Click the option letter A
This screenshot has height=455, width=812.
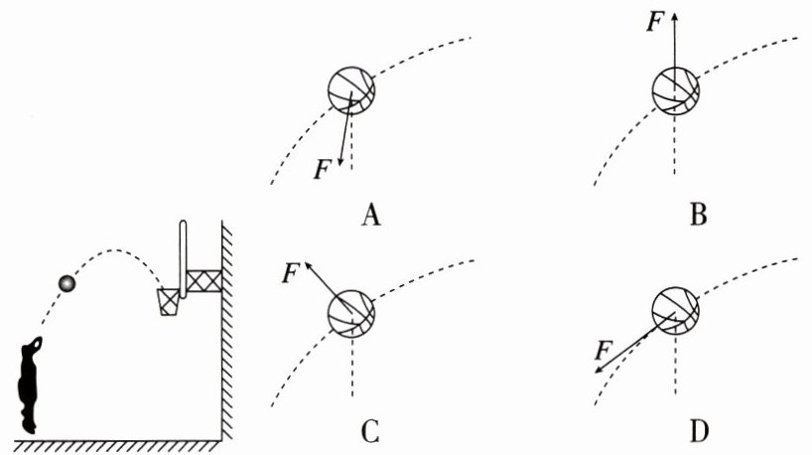click(372, 214)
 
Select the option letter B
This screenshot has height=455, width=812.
click(699, 214)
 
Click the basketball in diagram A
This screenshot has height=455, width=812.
click(352, 91)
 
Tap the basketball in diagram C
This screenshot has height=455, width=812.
click(352, 317)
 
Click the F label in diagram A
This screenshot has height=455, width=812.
click(321, 169)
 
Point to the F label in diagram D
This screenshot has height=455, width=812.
click(602, 350)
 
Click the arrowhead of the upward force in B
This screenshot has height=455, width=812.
click(675, 14)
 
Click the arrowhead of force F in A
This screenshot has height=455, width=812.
click(340, 163)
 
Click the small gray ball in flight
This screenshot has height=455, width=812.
click(67, 284)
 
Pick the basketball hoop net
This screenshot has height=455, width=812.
click(170, 301)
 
